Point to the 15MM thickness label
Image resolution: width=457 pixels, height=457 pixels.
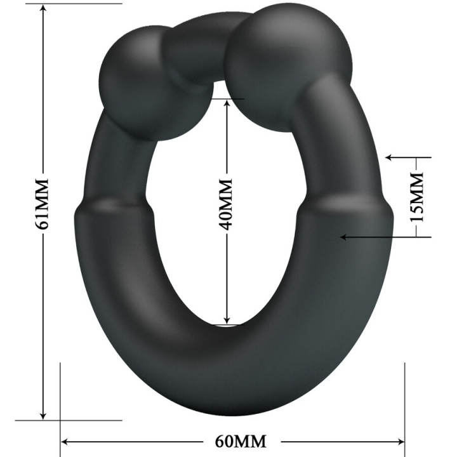click(416, 197)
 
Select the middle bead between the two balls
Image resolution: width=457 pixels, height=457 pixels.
click(197, 51)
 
